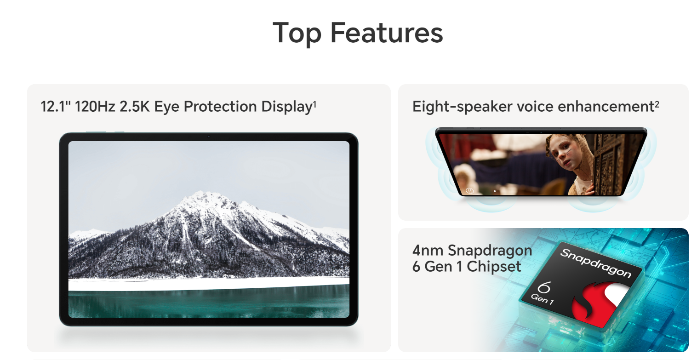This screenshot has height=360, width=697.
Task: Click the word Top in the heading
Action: pos(297,34)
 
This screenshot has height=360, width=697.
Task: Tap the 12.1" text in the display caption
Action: pos(56,106)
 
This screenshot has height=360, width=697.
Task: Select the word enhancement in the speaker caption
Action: pos(606,106)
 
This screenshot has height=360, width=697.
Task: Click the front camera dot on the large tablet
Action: pos(209,137)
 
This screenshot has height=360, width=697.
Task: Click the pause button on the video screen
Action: pos(469,191)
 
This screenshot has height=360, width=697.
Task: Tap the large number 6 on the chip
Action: pos(544,287)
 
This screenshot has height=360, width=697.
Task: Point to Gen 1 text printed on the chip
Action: pos(542,299)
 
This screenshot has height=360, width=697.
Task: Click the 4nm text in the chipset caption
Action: pos(428,251)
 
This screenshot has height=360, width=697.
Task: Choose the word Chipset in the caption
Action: pos(494,267)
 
